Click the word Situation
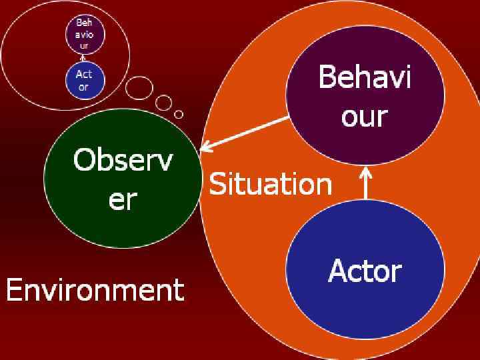(270, 183)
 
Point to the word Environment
(95, 290)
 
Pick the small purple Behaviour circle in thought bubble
(84, 35)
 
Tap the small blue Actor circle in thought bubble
(84, 80)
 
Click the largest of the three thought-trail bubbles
(139, 87)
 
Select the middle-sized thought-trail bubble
(164, 103)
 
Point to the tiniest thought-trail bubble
(179, 114)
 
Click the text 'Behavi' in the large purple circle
(365, 78)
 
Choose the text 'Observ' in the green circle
(122, 161)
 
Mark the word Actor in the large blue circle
(365, 271)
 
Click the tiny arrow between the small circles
(84, 59)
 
